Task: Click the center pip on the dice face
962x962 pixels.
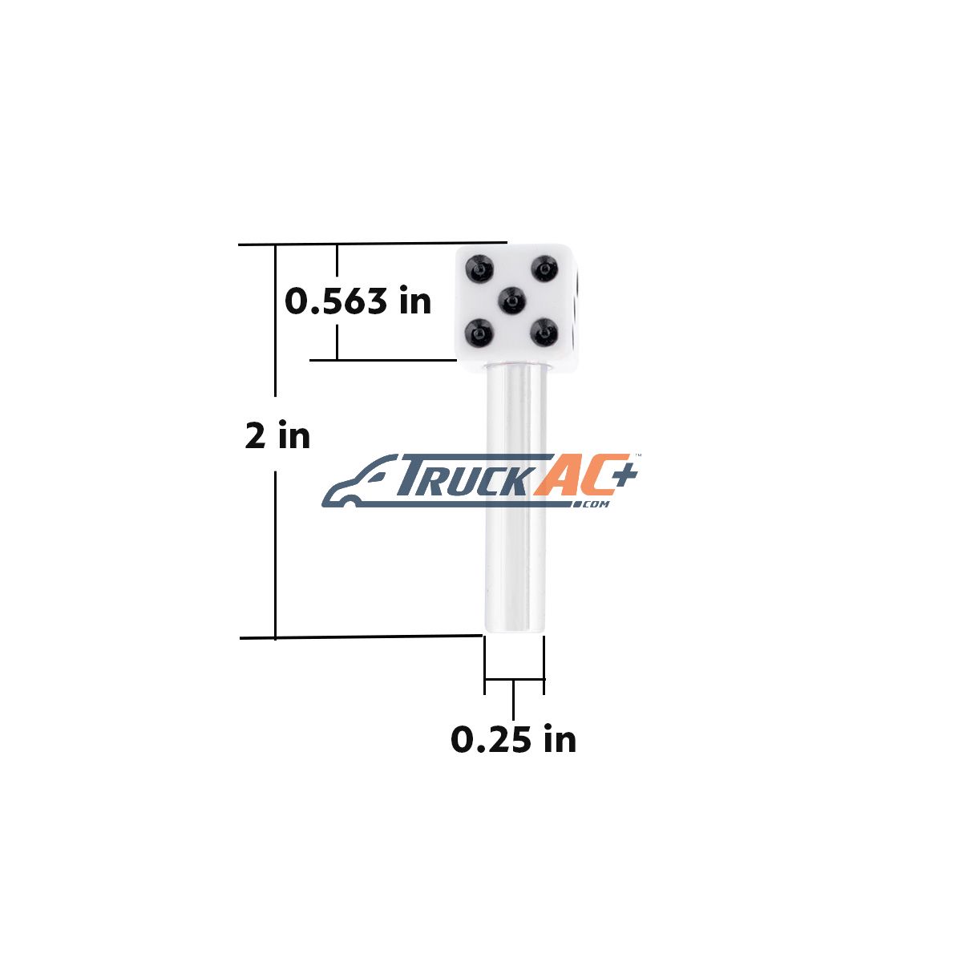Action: click(513, 301)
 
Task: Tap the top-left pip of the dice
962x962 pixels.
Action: click(479, 268)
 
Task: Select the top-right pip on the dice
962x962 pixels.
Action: click(544, 268)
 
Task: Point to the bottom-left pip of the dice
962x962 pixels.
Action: click(479, 332)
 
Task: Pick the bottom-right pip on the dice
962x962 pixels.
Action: click(544, 333)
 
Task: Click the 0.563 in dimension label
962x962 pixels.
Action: click(358, 301)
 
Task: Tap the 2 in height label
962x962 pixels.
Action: click(277, 435)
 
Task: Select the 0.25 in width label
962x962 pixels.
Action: click(514, 739)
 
